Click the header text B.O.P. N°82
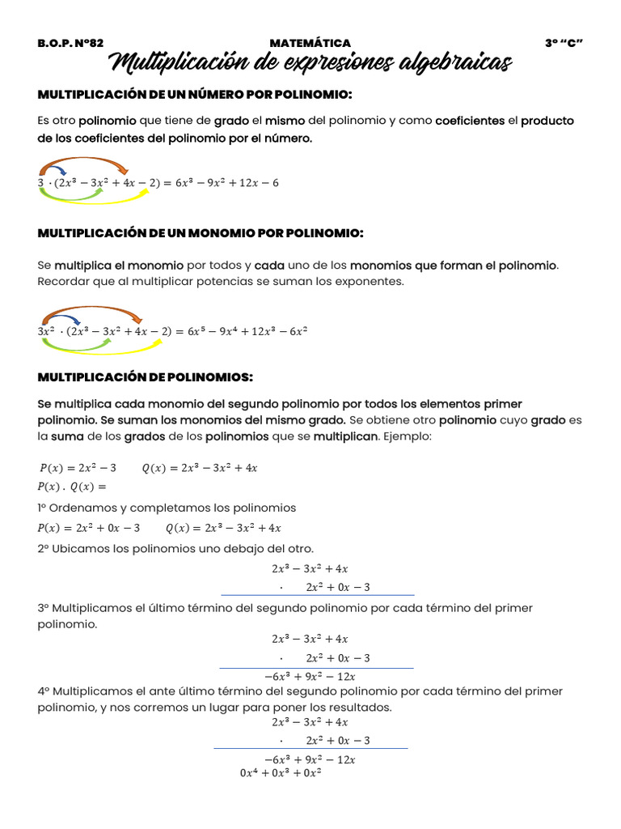point(70,43)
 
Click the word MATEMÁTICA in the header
point(310,43)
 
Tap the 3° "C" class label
point(564,43)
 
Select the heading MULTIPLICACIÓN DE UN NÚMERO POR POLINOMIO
point(195,96)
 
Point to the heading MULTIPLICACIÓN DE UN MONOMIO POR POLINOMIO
point(201,233)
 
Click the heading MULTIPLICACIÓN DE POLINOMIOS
point(146,377)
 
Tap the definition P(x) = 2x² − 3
point(78,468)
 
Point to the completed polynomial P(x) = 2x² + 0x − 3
point(89,528)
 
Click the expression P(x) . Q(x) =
point(72,487)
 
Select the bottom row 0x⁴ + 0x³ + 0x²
point(281,773)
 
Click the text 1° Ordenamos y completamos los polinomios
point(167,508)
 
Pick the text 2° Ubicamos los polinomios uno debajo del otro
point(175,549)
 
